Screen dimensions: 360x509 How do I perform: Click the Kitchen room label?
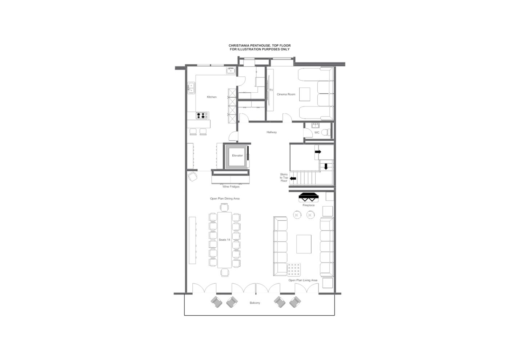pos(212,97)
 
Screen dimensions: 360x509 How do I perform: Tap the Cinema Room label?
pos(286,95)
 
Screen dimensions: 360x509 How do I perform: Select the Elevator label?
pos(237,156)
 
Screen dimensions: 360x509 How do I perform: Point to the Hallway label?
pos(272,132)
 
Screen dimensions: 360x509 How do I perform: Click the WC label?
pos(317,133)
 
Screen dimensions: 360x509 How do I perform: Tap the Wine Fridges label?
pos(231,187)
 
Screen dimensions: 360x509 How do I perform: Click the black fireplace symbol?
pos(309,197)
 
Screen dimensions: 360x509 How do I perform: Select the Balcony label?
pos(255,303)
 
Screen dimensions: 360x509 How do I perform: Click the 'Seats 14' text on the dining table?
pos(224,240)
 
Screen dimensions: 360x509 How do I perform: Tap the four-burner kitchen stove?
pos(201,116)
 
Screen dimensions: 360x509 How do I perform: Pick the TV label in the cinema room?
pos(271,90)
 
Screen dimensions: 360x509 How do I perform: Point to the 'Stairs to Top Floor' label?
pos(284,178)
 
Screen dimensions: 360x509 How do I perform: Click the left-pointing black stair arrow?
pos(293,179)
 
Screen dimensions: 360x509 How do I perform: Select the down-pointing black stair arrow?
pos(326,167)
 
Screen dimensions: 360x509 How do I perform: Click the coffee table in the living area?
pos(304,244)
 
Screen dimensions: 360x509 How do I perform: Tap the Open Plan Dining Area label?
pos(225,199)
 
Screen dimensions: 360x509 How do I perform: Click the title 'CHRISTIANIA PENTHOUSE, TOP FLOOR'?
pos(260,45)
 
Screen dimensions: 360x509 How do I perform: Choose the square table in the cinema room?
pos(305,94)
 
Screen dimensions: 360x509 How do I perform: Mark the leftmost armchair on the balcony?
pos(217,301)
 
